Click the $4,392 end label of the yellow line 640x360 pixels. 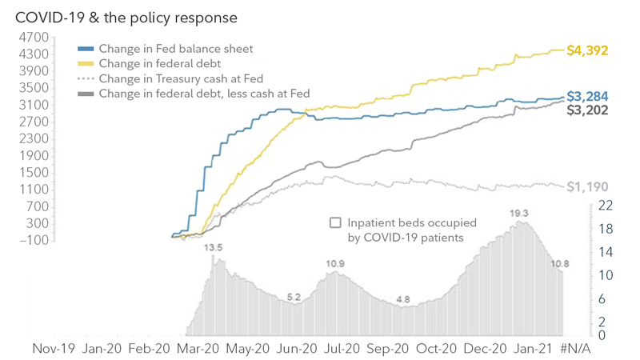587,50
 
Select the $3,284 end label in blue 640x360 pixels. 587,97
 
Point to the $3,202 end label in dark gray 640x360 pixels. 587,110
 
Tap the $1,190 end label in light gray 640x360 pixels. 587,187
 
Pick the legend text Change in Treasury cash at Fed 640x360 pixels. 182,78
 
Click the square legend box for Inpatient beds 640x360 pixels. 336,223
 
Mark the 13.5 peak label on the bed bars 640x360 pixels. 213,248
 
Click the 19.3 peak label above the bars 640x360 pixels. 520,214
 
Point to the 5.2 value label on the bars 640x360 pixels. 294,297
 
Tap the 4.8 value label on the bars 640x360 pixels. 403,299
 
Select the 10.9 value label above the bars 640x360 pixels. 335,264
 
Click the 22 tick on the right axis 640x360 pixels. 606,206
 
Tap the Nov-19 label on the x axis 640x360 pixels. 54,349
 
